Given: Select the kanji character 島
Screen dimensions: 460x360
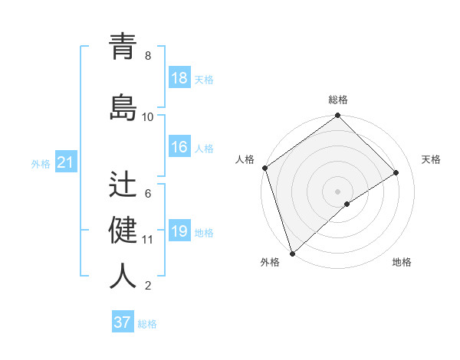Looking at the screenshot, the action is (123, 106).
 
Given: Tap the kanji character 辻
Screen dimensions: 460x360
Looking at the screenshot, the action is (123, 184).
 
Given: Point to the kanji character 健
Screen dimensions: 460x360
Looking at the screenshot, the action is (123, 230).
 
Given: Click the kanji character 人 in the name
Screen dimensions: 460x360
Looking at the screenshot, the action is (123, 276).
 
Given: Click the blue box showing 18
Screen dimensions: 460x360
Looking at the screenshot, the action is (179, 78).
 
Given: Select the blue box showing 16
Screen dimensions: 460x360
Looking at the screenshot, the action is (179, 147).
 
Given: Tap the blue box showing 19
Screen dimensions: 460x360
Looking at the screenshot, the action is (179, 231).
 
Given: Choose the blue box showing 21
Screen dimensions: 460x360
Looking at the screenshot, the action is (65, 162).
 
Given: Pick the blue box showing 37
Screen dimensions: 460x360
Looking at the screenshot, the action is (123, 322).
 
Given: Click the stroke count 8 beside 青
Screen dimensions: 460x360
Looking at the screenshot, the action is (148, 56).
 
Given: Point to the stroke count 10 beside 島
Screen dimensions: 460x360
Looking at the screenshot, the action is (148, 117).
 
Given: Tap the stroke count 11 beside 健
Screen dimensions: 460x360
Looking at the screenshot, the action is (148, 240).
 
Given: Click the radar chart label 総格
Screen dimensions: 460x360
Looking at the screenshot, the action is (338, 100).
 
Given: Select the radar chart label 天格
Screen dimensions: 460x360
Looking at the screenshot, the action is (432, 159).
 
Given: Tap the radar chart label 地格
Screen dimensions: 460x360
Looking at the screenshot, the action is (402, 262).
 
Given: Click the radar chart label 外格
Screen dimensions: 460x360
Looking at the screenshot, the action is (270, 262).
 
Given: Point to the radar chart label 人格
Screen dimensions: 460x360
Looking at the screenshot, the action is (245, 159).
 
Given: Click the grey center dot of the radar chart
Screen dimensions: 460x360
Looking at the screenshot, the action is (337, 191).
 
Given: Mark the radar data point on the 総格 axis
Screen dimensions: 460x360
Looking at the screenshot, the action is (337, 116).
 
